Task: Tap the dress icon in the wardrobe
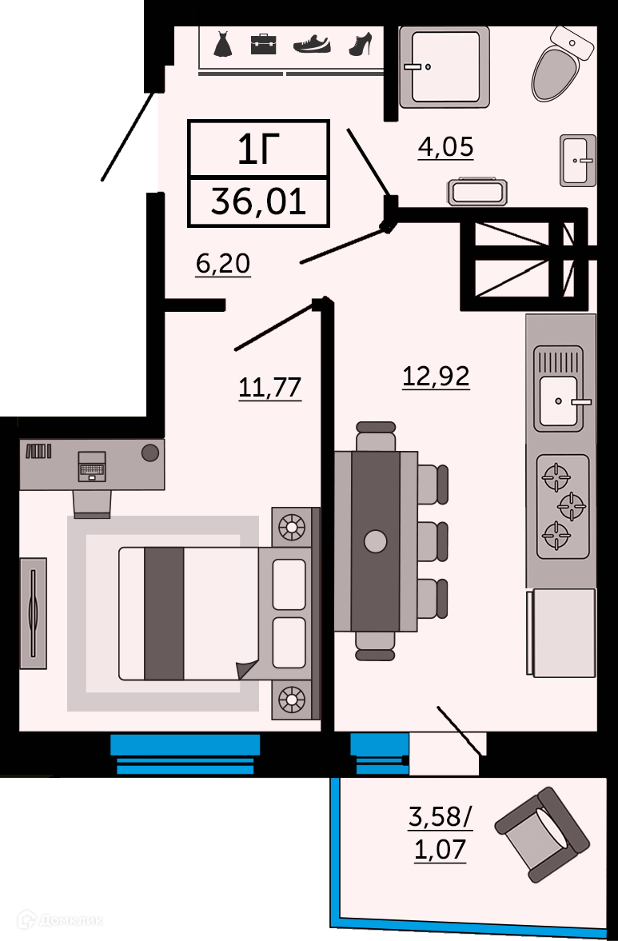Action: coord(222,44)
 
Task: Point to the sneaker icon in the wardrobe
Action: coord(312,45)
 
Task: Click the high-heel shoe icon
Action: coord(361,45)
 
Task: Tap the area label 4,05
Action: coord(446,146)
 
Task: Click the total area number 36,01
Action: coord(258,201)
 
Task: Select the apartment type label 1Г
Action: coord(258,150)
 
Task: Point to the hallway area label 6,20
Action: coord(223,264)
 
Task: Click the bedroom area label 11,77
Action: coord(270,388)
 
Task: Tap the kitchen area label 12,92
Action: coord(436,377)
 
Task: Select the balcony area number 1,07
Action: coord(441,850)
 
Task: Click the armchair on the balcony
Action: coord(542,835)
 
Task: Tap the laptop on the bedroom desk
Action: coord(92,466)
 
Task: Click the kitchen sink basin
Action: coord(559,401)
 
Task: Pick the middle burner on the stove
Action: coord(572,507)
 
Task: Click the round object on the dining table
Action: coord(376,541)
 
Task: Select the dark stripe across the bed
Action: coord(164,613)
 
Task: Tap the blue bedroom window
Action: coord(185,754)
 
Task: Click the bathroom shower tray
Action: coord(445,67)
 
